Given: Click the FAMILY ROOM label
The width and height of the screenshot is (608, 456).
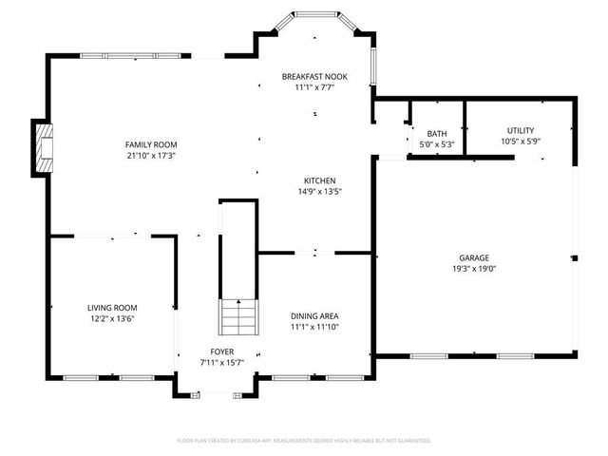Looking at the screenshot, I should (152, 144).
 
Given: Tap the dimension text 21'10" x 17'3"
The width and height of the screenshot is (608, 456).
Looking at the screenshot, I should (152, 155).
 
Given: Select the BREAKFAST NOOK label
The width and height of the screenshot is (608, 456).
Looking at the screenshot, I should (314, 76).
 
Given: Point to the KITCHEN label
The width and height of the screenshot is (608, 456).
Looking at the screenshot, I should (319, 180).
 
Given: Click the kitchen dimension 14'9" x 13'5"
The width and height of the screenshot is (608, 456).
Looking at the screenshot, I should (319, 191).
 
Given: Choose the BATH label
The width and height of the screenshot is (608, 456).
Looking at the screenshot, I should (437, 134).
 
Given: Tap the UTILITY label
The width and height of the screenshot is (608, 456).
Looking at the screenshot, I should (520, 130).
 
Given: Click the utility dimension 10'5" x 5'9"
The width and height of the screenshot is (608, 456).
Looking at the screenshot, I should (520, 142).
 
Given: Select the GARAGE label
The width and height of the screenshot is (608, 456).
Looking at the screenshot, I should (474, 257).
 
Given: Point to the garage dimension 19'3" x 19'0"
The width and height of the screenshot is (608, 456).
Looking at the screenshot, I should (474, 268).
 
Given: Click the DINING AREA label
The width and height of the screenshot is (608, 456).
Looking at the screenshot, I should (314, 316).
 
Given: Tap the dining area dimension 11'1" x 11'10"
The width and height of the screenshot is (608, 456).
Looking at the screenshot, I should (314, 327).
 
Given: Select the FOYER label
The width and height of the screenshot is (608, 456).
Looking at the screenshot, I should (216, 352).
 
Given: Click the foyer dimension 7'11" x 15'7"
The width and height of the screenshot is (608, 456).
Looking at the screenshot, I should (216, 363).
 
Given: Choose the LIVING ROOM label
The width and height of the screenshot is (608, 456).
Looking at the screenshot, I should (112, 308).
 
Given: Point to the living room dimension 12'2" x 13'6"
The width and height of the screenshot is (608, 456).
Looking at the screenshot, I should (112, 318).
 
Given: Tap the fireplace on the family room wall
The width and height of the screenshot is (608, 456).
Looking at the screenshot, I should (43, 146).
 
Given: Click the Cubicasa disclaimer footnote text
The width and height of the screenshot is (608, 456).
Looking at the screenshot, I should (304, 441).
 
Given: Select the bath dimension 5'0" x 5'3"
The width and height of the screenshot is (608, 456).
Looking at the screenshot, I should (437, 144).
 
